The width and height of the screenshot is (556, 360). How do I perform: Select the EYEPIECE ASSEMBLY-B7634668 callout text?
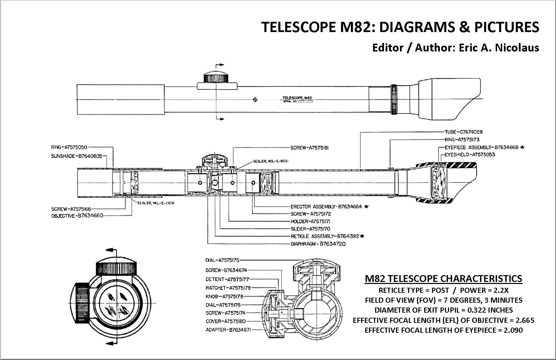coord(481,147)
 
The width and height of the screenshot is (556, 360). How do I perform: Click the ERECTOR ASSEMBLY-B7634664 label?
coord(326,207)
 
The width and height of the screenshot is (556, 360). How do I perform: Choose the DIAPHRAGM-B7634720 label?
coord(319,244)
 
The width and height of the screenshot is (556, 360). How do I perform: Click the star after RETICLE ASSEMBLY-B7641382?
coord(362,236)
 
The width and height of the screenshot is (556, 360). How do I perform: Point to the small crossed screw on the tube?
coord(255,100)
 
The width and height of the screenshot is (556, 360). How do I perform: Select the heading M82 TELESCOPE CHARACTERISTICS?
coord(443,279)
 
